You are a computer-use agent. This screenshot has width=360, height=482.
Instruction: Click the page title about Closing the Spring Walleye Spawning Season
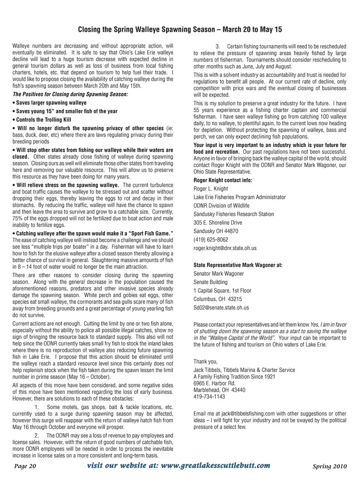point(180,29)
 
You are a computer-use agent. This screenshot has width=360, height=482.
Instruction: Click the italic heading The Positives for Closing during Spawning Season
point(70,94)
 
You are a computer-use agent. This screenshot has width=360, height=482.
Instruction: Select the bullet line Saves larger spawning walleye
point(51,103)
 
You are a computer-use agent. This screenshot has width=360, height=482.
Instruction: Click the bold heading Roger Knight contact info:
point(223,180)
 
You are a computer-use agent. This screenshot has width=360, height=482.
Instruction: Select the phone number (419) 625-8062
point(211,240)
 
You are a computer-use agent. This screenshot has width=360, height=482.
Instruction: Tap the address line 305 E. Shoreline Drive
point(218,222)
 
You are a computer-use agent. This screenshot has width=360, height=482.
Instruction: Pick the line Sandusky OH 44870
point(216,231)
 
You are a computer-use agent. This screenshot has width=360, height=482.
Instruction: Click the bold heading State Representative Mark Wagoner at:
point(238,265)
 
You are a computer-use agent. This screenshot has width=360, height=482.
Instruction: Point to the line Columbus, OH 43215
point(217,299)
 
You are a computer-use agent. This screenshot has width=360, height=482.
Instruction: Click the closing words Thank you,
point(205,362)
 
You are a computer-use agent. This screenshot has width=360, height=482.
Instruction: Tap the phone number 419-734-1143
point(209,396)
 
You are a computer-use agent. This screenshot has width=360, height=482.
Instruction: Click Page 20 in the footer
point(25,466)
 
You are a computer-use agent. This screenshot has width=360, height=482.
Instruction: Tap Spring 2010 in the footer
point(330,467)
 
